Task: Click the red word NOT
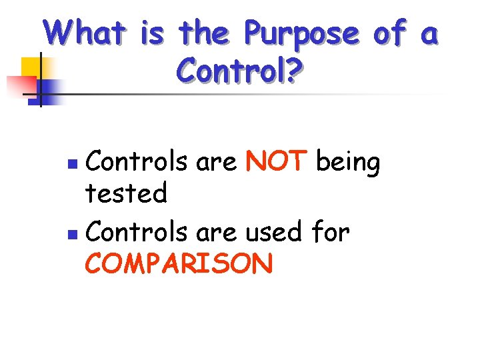coord(276,162)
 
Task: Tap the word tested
coord(126,194)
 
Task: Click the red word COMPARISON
coord(179,264)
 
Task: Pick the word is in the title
coord(153,33)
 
